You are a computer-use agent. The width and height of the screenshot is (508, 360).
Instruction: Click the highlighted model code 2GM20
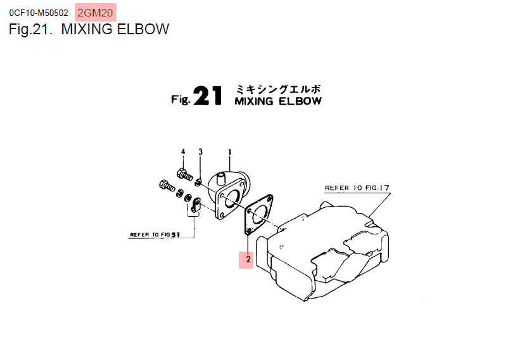96,13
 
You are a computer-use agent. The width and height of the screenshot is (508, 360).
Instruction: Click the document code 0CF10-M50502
39,13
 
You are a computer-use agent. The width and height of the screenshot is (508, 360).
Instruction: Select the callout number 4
183,152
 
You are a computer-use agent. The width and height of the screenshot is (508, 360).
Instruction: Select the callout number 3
200,152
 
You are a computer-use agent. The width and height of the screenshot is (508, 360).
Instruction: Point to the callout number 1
229,152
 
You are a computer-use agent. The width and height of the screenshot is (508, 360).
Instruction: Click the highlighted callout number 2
246,259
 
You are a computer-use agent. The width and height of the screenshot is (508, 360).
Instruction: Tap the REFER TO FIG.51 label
155,235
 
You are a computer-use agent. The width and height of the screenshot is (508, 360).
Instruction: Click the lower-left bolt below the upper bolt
165,186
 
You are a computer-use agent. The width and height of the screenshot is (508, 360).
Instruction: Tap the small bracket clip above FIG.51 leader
196,205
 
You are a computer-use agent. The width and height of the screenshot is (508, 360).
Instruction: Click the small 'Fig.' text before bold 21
181,100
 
